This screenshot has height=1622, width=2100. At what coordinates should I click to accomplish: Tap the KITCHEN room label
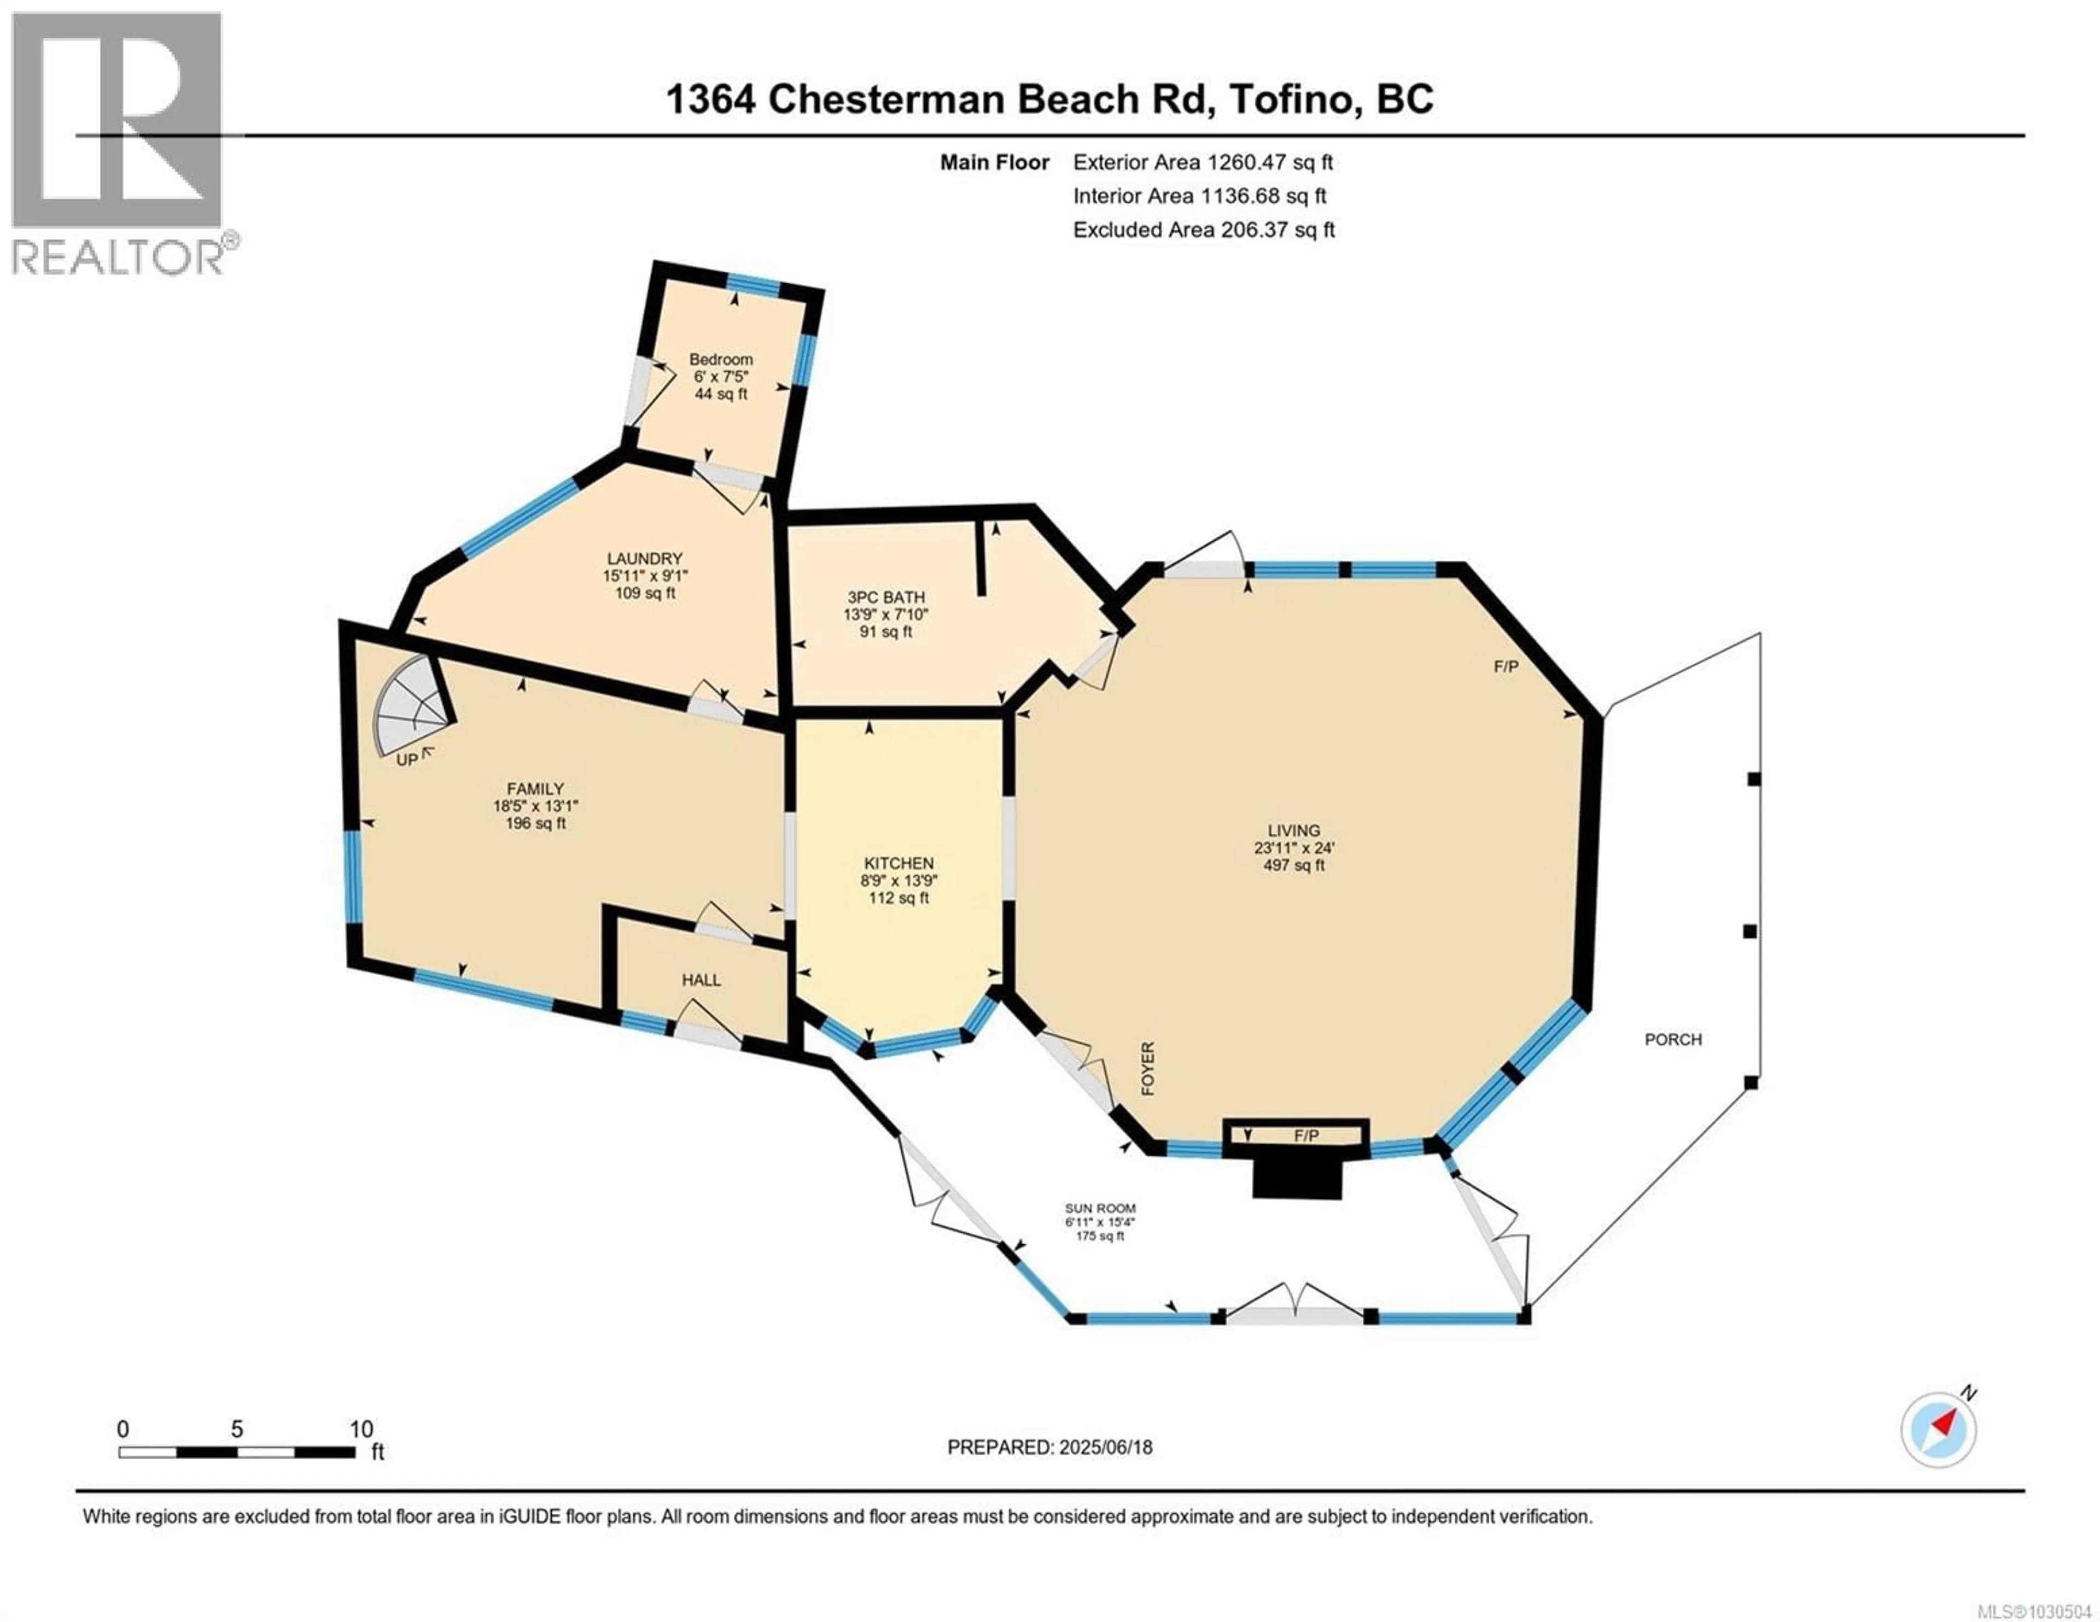(x=898, y=863)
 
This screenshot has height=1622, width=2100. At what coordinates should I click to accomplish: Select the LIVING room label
(x=1293, y=830)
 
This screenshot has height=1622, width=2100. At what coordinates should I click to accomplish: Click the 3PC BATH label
(x=885, y=597)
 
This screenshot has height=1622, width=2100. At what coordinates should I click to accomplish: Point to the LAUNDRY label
(x=644, y=559)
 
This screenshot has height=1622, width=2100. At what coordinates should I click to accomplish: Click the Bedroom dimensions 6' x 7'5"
(x=720, y=377)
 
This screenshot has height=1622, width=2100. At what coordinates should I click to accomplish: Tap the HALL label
(x=701, y=980)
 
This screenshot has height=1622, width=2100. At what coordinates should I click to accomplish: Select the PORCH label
(x=1673, y=1039)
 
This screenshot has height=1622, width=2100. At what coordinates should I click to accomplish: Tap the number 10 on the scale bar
(x=360, y=1430)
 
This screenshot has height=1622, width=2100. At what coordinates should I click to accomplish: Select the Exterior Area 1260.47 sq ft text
(x=1203, y=162)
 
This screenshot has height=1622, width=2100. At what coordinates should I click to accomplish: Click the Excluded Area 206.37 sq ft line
(x=1204, y=230)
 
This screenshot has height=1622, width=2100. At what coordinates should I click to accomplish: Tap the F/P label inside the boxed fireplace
(x=1306, y=1135)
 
